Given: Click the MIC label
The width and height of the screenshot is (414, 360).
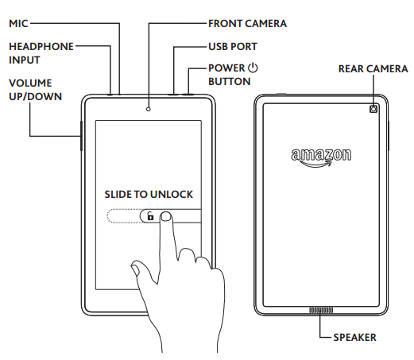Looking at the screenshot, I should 18,24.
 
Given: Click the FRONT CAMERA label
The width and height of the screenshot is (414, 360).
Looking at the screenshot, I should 247,24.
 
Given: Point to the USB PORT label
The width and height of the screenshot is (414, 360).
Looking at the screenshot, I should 231,48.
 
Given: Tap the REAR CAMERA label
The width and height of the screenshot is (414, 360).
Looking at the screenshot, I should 372,69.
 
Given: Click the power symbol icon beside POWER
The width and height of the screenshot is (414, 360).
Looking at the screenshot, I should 253,68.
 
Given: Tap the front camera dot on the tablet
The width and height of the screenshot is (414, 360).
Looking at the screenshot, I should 149,106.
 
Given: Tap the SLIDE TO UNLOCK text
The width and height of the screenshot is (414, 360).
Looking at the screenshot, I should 149,194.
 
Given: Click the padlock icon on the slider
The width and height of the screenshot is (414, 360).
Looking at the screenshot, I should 149,216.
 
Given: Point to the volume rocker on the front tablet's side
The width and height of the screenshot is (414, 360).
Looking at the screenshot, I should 81,135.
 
